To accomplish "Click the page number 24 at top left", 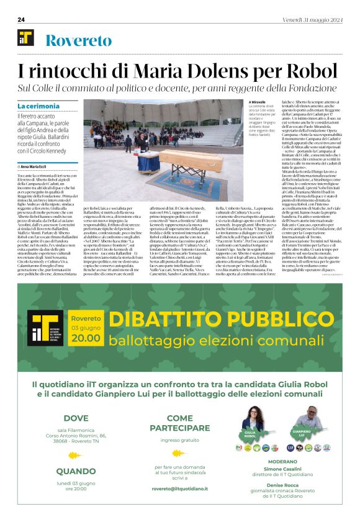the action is tap(21, 19).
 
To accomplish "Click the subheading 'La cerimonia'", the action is tap(38, 107).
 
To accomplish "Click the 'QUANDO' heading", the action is tap(76, 471).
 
